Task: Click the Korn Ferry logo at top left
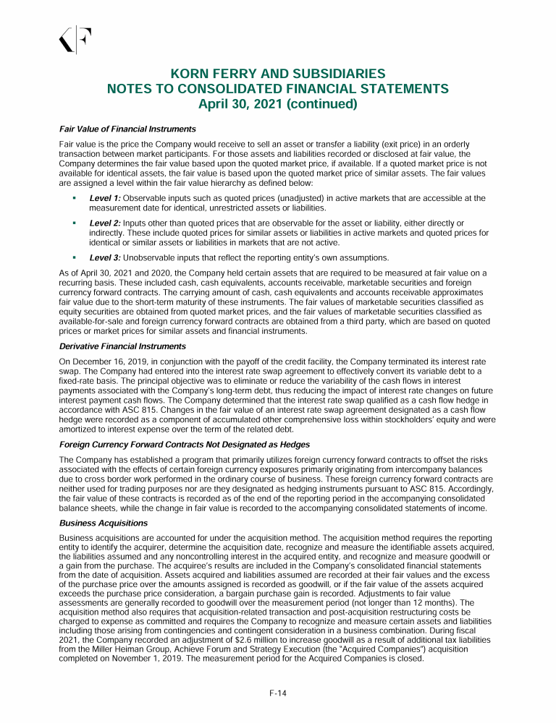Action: click(x=75, y=40)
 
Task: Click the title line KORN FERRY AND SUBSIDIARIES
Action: click(x=278, y=74)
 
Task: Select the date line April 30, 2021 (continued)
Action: click(x=278, y=103)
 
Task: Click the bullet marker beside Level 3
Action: click(x=74, y=257)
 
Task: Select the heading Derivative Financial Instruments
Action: click(x=123, y=346)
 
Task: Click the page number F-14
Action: click(x=278, y=694)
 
